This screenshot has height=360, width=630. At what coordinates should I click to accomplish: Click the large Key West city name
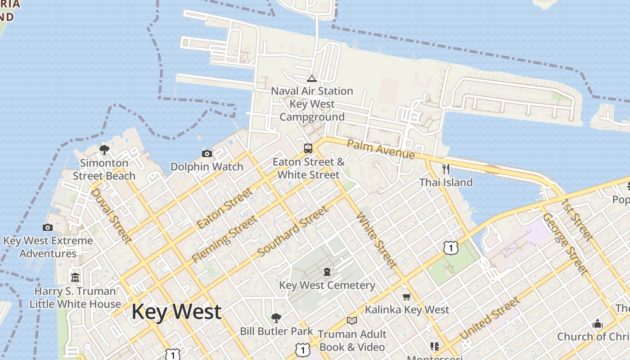point(176,311)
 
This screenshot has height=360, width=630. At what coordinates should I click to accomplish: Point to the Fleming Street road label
point(225,239)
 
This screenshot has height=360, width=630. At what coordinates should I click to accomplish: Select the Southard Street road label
point(293,232)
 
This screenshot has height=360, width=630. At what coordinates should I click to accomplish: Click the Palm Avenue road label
point(381,149)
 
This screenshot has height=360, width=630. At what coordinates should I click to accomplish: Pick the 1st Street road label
point(576,219)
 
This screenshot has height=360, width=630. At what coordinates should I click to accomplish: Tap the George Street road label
point(565,244)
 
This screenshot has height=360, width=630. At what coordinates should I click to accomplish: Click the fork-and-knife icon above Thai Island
point(446,169)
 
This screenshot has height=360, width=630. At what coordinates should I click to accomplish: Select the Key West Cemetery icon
point(327,272)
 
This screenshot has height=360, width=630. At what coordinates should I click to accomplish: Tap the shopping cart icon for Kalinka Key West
point(407,297)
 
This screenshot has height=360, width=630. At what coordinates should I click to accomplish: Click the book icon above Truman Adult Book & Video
point(351,320)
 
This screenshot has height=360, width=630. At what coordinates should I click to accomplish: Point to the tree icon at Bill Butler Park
point(276,318)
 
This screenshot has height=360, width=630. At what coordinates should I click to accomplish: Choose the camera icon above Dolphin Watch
point(207,153)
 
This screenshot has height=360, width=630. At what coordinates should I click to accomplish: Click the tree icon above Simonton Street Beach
point(104,149)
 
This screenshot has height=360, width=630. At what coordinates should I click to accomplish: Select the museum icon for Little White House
point(75,277)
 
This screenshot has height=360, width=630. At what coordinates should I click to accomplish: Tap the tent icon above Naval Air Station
point(311,78)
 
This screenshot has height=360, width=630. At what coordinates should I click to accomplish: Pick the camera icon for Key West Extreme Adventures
point(48,227)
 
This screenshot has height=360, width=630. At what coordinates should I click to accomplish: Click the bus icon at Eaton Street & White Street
point(308,148)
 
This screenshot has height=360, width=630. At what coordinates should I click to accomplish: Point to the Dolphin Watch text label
point(207,166)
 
